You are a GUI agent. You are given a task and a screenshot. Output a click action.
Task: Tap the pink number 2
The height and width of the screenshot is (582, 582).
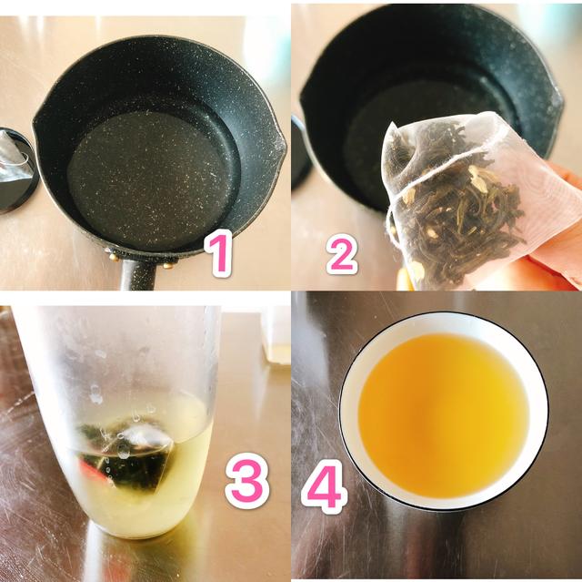(341, 254)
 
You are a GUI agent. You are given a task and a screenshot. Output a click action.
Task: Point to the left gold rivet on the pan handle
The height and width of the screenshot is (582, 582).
(115, 257)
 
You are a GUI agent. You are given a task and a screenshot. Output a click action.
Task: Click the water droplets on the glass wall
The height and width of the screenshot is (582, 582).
(95, 392)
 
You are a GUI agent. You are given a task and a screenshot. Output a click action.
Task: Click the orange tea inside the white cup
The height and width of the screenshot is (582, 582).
(443, 414)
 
